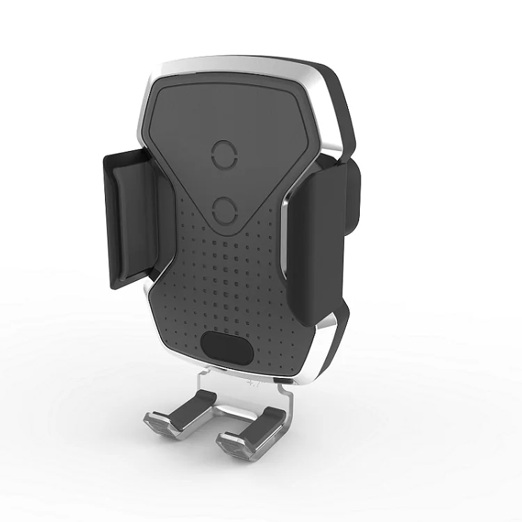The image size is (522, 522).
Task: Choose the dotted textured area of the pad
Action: (230, 278)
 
